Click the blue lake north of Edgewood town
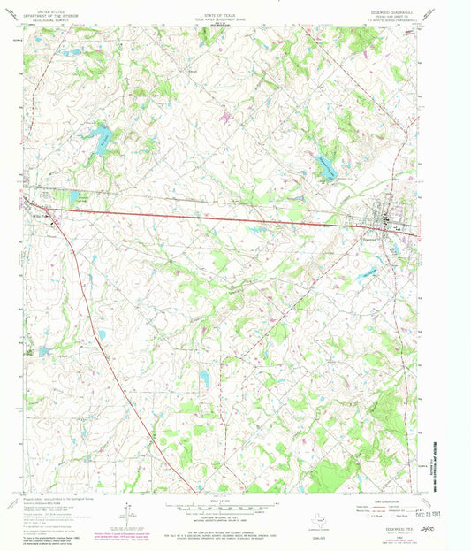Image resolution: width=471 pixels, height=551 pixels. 325,165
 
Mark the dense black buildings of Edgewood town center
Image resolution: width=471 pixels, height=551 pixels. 385,222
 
